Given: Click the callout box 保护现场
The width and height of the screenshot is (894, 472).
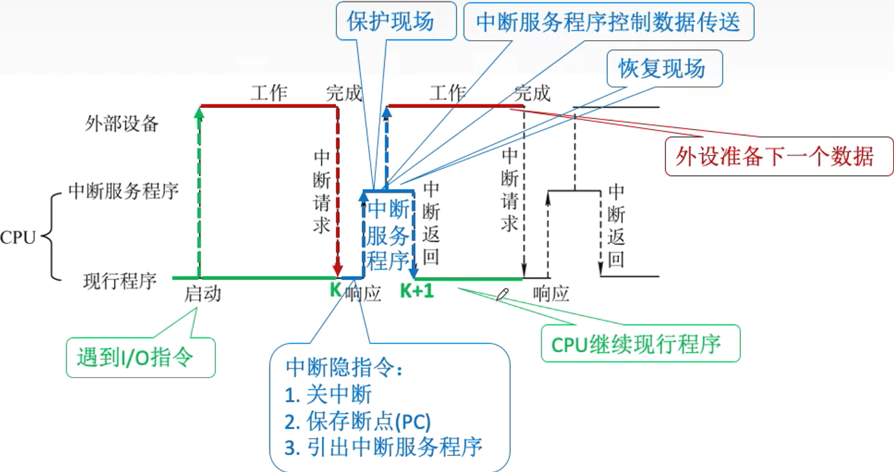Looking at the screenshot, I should pyautogui.click(x=390, y=22).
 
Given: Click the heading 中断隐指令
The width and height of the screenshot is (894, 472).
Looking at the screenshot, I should pyautogui.click(x=344, y=368).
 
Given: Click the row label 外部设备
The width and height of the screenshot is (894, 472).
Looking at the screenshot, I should pyautogui.click(x=122, y=124).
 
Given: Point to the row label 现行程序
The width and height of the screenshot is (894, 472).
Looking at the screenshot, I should pyautogui.click(x=120, y=282).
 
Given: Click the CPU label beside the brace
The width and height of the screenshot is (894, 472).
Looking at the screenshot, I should pyautogui.click(x=18, y=238).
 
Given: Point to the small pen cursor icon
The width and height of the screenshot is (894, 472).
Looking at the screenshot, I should pyautogui.click(x=502, y=294).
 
